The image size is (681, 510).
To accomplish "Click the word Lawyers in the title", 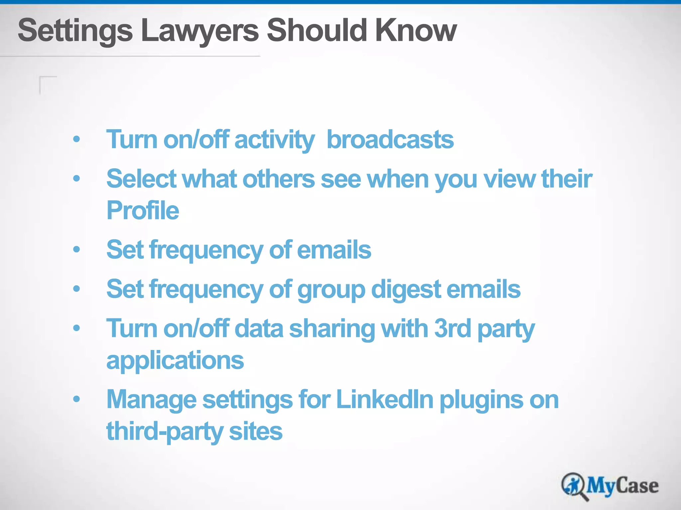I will pyautogui.click(x=200, y=31).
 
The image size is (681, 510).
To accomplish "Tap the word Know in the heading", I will pyautogui.click(x=416, y=31).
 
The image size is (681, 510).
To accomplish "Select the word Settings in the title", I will pyautogui.click(x=75, y=31).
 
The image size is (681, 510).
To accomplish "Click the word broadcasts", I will pyautogui.click(x=390, y=139).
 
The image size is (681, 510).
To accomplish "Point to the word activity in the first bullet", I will pyautogui.click(x=274, y=139).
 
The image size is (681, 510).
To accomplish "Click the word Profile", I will pyautogui.click(x=143, y=211).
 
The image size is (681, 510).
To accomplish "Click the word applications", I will pyautogui.click(x=175, y=360).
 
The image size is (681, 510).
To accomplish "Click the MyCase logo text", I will pyautogui.click(x=622, y=486).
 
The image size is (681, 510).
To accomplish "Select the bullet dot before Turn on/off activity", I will pyautogui.click(x=76, y=139).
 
